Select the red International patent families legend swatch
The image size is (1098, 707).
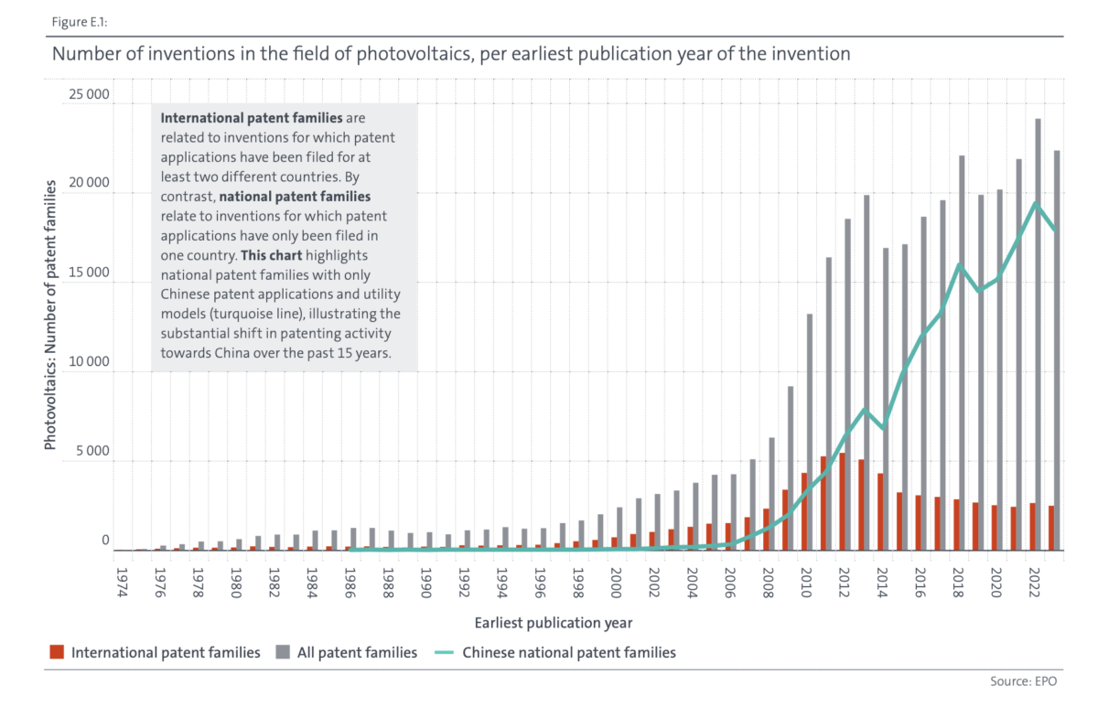(57, 653)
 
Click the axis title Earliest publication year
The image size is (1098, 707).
(553, 622)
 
